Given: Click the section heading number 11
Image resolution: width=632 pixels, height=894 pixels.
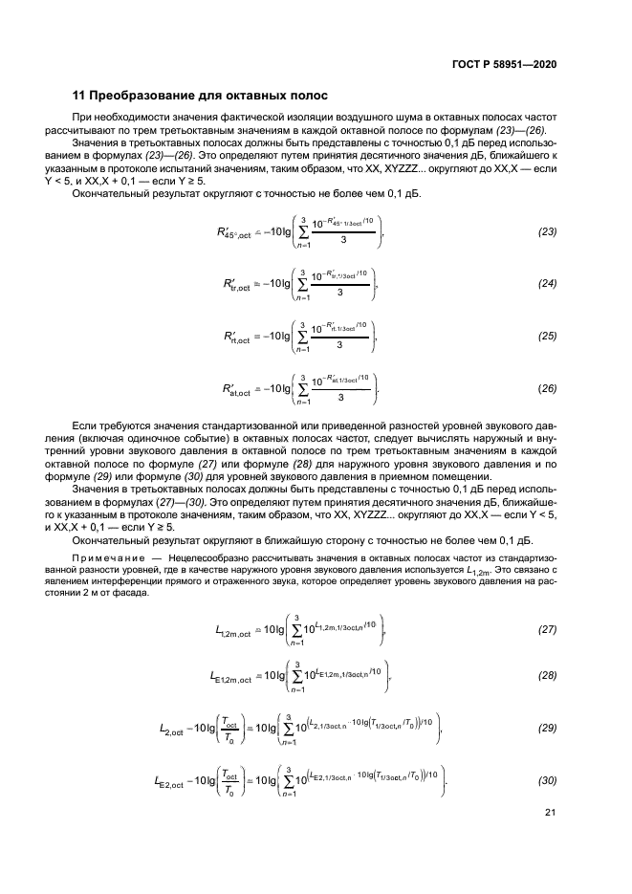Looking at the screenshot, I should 80,96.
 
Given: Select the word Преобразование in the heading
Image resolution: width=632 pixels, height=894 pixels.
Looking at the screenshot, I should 142,96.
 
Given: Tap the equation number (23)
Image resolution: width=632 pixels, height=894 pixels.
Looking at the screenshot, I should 547,231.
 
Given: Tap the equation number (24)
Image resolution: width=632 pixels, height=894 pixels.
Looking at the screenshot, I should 547,284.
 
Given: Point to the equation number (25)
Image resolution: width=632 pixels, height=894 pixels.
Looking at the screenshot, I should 547,336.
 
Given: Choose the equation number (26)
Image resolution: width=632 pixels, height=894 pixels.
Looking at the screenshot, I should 547,388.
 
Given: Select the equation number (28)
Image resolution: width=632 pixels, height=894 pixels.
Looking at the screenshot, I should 547,676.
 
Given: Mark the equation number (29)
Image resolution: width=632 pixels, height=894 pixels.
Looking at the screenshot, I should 547,729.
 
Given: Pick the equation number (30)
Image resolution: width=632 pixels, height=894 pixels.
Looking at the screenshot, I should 547,781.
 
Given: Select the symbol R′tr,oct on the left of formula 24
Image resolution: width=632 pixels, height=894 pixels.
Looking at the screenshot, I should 234,284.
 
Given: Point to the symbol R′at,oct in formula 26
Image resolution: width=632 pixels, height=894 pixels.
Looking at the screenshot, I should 234,389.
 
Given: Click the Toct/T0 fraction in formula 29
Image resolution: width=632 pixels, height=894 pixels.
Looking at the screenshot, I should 229,729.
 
